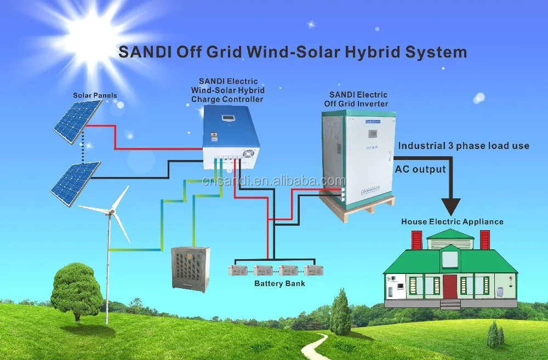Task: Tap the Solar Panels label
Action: pos(95,95)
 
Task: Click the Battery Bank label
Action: pos(279,283)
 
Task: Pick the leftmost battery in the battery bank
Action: pos(237,270)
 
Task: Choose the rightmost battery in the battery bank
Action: pos(314,270)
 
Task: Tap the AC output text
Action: pos(420,169)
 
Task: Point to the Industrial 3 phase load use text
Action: pos(464,146)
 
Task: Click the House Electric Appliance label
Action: pos(452,222)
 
